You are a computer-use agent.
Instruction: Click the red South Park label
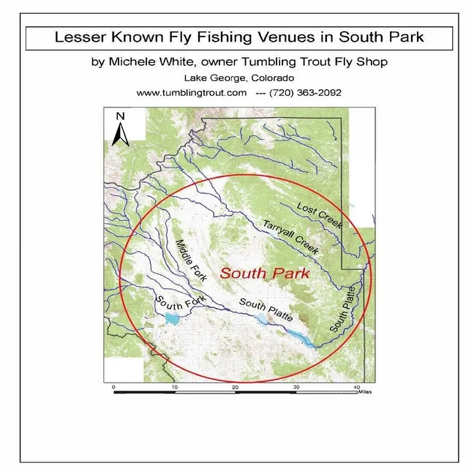265,274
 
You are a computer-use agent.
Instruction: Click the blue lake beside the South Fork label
172,318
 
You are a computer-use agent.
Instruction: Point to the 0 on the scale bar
114,386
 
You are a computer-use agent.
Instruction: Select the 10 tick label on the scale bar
174,386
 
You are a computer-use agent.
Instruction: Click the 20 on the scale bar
235,386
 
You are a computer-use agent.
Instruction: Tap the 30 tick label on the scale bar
296,386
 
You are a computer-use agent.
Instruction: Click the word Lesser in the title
80,37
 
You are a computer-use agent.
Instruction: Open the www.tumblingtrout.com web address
192,93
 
